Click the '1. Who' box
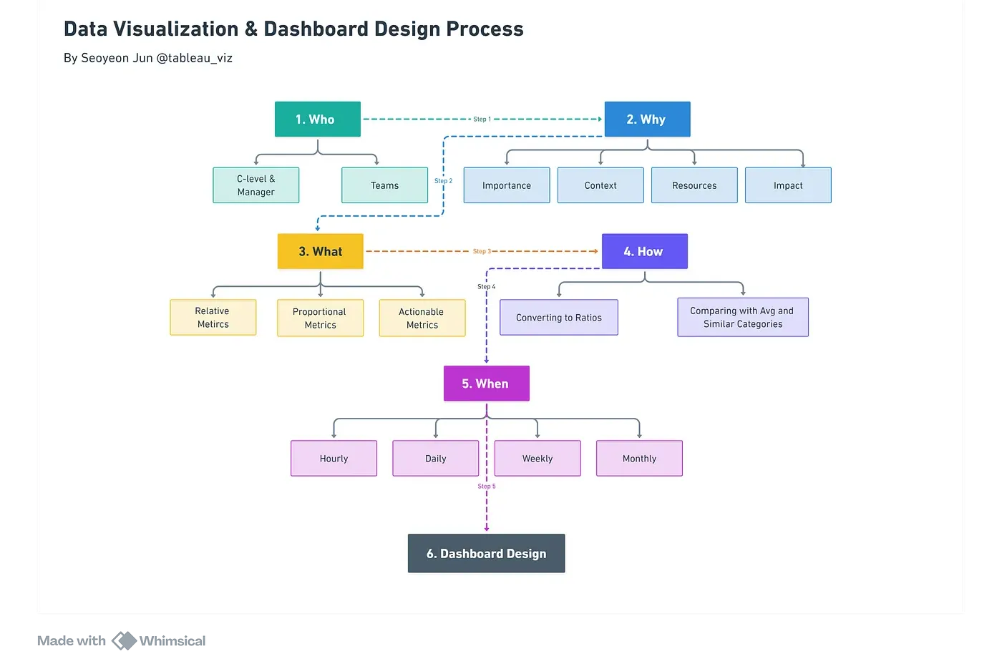(x=318, y=119)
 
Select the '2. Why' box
(x=647, y=119)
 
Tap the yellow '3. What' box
(x=320, y=252)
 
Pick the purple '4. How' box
(x=644, y=252)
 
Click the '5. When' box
(x=486, y=384)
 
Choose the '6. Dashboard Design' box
(x=486, y=554)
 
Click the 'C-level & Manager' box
(x=256, y=185)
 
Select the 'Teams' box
(x=384, y=185)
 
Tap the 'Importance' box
(x=507, y=185)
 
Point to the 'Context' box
(x=600, y=185)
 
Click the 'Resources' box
(x=694, y=185)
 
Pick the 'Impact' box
(x=788, y=185)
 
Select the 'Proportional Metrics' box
(x=320, y=318)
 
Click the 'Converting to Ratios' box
(x=559, y=318)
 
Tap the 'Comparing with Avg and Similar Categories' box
(x=743, y=317)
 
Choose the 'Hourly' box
(x=334, y=459)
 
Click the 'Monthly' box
(x=639, y=459)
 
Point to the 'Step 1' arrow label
(x=482, y=119)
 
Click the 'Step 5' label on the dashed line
(x=487, y=487)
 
